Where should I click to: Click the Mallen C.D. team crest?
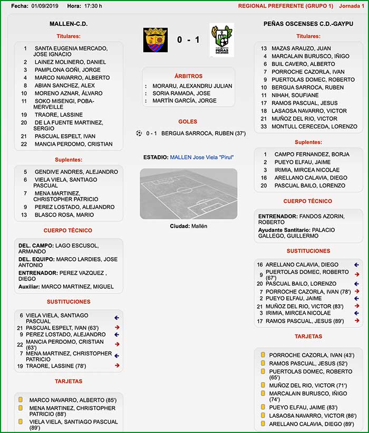pos(155,40)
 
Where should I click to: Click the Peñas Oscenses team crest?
pos(221,40)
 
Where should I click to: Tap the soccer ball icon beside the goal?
pos(139,133)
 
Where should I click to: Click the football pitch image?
pos(188,193)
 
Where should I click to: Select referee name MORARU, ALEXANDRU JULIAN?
pos(192,86)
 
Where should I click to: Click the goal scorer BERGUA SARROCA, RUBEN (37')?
pos(203,134)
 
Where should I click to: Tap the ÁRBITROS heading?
pos(188,76)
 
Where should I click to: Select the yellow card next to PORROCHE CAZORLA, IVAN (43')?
pos(262,355)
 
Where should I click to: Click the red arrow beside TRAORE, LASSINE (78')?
pos(117,365)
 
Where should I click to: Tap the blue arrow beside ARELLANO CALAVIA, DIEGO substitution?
pos(357,265)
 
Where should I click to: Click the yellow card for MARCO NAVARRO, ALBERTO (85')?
pos(21,400)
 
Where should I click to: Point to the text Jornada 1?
pos(352,6)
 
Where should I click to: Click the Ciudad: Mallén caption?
pos(188,226)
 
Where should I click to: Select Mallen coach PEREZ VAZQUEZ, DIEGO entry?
pos(64,276)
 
